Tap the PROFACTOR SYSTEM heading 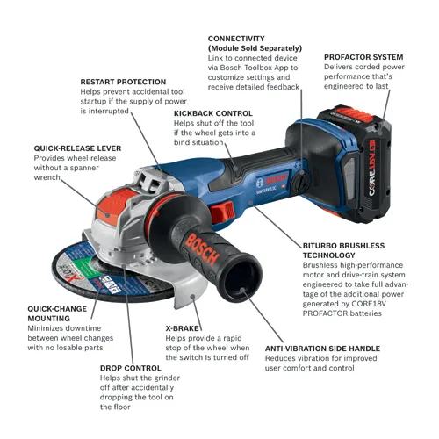[x=363, y=56]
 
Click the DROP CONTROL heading [x=130, y=368]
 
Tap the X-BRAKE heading [x=183, y=327]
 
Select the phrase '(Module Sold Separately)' [x=255, y=47]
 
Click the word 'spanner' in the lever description [x=94, y=168]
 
